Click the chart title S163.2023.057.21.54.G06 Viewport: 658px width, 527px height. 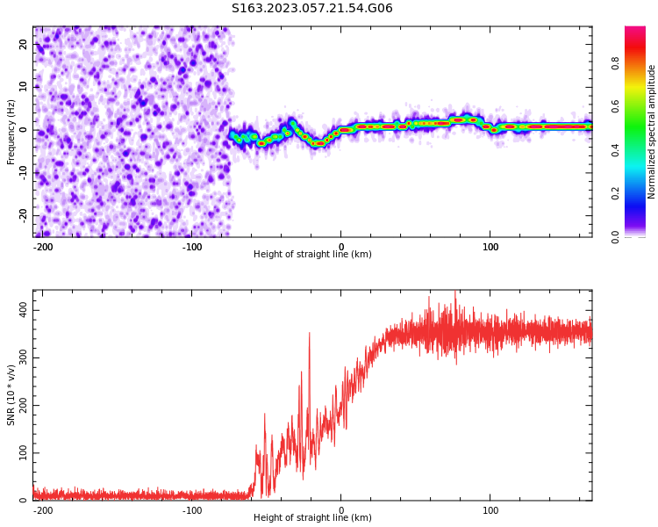(x=311, y=8)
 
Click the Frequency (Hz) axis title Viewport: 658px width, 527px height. (x=11, y=132)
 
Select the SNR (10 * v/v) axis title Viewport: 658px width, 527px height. (x=11, y=395)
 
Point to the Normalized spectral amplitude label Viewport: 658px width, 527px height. (x=651, y=132)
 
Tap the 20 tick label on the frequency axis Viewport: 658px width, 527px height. (x=23, y=44)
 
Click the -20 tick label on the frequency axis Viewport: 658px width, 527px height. (x=23, y=215)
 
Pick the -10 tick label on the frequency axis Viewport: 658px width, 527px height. (x=23, y=172)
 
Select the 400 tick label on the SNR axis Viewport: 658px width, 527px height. (x=23, y=310)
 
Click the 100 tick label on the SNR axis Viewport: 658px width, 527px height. (x=23, y=452)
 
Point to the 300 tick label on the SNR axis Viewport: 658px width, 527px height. (x=23, y=357)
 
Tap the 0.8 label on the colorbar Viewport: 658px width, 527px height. (x=615, y=64)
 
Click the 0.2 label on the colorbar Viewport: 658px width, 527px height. (x=615, y=194)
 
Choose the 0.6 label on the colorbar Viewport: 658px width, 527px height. (x=615, y=107)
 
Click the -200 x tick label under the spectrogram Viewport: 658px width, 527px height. (x=43, y=247)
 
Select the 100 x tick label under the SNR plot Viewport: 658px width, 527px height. (x=490, y=510)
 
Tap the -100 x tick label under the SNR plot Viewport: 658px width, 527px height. (x=192, y=510)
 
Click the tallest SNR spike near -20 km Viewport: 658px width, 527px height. (x=310, y=333)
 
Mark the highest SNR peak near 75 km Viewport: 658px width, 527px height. (x=454, y=291)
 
